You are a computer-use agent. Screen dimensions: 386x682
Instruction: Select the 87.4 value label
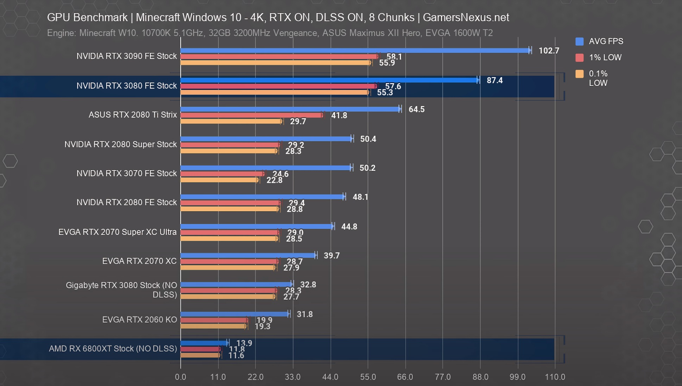(494, 80)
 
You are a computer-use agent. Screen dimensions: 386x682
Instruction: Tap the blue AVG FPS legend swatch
(579, 42)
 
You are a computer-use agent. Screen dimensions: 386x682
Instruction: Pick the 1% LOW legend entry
(605, 57)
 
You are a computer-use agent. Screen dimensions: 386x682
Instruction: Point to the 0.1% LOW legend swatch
(579, 74)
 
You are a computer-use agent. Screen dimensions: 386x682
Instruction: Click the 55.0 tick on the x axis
(368, 377)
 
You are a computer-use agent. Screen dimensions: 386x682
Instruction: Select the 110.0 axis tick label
(555, 377)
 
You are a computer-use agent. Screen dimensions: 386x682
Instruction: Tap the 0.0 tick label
(181, 377)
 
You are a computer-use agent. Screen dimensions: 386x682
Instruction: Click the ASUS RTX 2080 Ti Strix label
(133, 115)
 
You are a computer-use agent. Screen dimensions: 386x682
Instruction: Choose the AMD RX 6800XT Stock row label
(113, 349)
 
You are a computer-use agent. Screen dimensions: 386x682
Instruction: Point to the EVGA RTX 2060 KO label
(139, 319)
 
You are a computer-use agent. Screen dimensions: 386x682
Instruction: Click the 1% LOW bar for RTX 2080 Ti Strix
(251, 115)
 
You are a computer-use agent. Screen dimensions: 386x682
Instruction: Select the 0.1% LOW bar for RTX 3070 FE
(219, 180)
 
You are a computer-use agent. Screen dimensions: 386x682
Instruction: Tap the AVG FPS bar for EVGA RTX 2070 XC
(248, 255)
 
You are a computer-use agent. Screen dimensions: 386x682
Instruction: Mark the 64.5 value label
(416, 110)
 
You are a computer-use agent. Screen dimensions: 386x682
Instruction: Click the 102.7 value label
(549, 51)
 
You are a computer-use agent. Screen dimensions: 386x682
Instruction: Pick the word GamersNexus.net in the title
(466, 17)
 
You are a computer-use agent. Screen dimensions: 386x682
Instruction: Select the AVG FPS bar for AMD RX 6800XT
(204, 343)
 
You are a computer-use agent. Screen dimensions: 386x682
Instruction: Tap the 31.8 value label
(304, 314)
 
